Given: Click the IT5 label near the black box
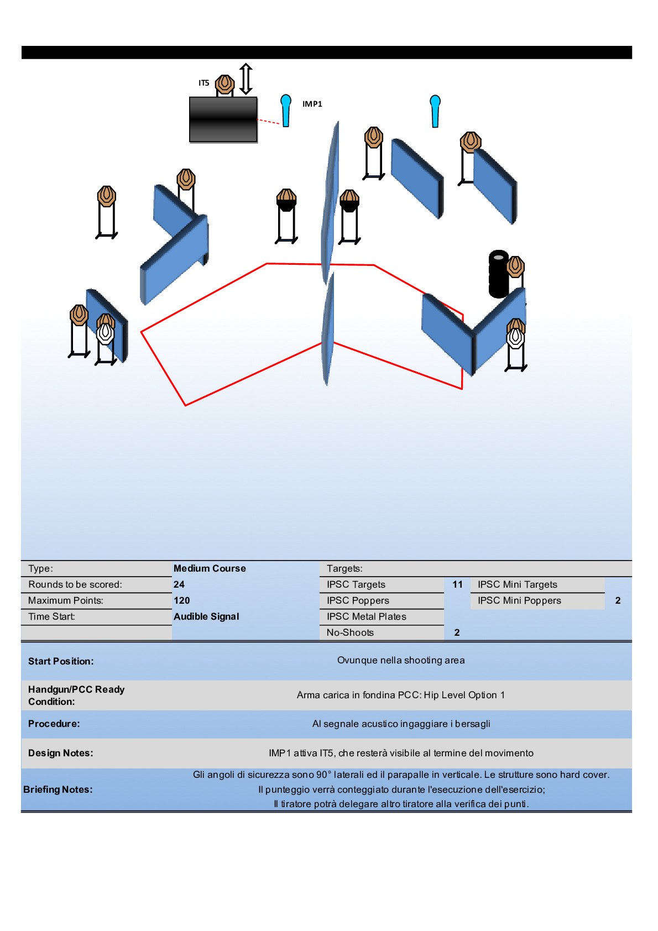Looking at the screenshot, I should click(203, 83).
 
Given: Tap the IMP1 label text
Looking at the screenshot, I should click(312, 104).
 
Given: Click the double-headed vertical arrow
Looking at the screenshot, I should click(246, 79).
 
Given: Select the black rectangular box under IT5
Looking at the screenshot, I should click(223, 119).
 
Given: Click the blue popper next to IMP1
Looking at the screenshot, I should click(286, 110).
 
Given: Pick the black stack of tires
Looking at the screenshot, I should click(498, 274).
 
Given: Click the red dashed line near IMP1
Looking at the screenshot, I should click(269, 121).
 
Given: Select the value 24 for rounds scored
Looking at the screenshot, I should click(179, 584).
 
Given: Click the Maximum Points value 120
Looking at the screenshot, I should click(181, 600).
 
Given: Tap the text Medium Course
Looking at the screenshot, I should click(210, 568).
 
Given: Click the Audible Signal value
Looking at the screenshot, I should click(206, 616).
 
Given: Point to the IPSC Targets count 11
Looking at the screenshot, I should click(457, 584).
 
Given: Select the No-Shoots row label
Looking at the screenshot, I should click(350, 632).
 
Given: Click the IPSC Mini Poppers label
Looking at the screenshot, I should click(519, 600).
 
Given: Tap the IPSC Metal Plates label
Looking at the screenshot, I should click(366, 616).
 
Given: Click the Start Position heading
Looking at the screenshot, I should click(61, 661).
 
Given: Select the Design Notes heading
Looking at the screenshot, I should click(61, 753).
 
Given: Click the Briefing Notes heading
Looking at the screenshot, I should click(58, 789).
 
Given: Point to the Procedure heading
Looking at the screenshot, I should click(54, 724).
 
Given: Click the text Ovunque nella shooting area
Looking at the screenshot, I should click(401, 660).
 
